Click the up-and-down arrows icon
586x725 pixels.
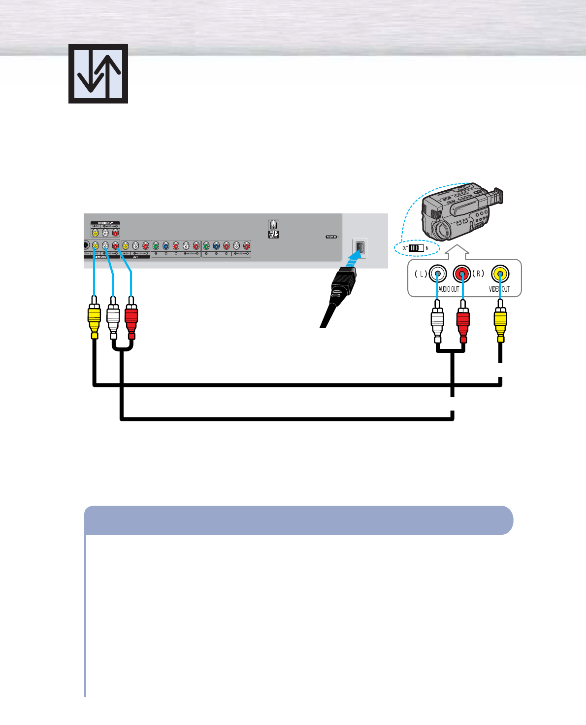pyautogui.click(x=98, y=73)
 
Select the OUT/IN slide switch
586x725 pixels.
pyautogui.click(x=416, y=248)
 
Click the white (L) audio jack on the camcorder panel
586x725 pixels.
pyautogui.click(x=437, y=274)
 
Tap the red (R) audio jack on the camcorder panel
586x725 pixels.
pyautogui.click(x=462, y=274)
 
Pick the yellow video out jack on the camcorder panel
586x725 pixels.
pyautogui.click(x=500, y=274)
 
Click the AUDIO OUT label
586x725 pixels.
pyautogui.click(x=448, y=289)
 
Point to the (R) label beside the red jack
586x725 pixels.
pyautogui.click(x=478, y=274)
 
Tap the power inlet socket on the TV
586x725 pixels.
pyautogui.click(x=360, y=247)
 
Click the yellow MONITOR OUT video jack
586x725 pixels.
pyautogui.click(x=95, y=233)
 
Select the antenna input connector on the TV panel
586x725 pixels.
pyautogui.click(x=273, y=228)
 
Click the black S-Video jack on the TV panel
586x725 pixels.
pyautogui.click(x=86, y=245)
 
